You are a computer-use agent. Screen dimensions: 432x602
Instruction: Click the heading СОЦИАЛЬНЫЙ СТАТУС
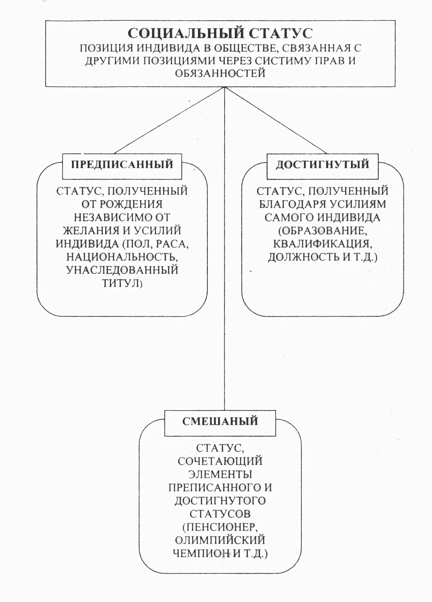pyautogui.click(x=220, y=33)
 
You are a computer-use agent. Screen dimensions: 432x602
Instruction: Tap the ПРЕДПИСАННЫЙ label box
pyautogui.click(x=122, y=165)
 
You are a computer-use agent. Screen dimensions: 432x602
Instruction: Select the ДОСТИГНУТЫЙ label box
pyautogui.click(x=322, y=165)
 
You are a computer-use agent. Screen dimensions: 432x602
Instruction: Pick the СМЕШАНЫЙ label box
pyautogui.click(x=220, y=421)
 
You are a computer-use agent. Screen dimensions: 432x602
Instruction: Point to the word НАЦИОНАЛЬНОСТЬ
pyautogui.click(x=122, y=257)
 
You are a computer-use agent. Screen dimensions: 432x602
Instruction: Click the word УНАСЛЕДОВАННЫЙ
pyautogui.click(x=122, y=270)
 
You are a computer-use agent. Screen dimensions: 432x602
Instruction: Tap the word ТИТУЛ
pyautogui.click(x=120, y=283)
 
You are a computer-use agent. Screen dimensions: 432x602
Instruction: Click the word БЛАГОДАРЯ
pyautogui.click(x=292, y=204)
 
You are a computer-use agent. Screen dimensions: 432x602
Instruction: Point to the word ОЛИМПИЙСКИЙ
pyautogui.click(x=220, y=540)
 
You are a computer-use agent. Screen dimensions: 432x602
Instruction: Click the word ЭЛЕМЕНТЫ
pyautogui.click(x=220, y=474)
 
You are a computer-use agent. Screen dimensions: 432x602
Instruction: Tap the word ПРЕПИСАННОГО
pyautogui.click(x=214, y=487)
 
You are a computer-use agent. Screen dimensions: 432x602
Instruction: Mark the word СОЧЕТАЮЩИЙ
pyautogui.click(x=220, y=461)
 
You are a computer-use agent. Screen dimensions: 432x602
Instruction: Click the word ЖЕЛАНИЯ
pyautogui.click(x=91, y=230)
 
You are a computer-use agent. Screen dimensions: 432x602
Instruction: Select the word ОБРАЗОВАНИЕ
pyautogui.click(x=323, y=230)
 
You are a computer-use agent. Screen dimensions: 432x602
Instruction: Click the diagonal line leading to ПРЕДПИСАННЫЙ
pyautogui.click(x=169, y=120)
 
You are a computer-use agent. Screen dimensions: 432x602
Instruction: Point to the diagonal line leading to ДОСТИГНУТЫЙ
pyautogui.click(x=276, y=120)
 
